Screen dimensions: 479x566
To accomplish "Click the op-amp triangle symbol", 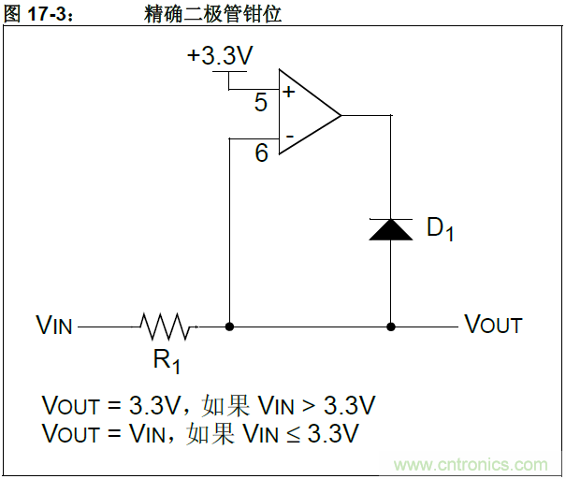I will [x=305, y=116].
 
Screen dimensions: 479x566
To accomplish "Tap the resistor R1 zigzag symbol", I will [x=167, y=327].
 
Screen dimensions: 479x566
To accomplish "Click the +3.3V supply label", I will [x=220, y=56].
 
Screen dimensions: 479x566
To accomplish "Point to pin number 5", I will [x=261, y=103].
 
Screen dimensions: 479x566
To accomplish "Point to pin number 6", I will [x=261, y=153].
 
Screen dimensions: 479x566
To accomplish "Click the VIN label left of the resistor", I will [x=54, y=326].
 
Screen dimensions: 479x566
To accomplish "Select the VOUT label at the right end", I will [x=494, y=326].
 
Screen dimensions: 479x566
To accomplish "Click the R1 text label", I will [x=166, y=360].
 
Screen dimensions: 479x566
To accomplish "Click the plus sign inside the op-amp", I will [x=288, y=92].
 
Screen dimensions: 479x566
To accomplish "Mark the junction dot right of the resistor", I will [x=229, y=327].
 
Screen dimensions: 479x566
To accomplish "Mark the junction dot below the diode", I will [x=391, y=327].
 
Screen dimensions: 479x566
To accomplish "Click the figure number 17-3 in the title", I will [x=47, y=14].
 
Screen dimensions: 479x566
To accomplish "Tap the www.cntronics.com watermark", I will [x=471, y=464].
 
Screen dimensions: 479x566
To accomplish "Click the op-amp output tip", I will [x=341, y=116].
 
